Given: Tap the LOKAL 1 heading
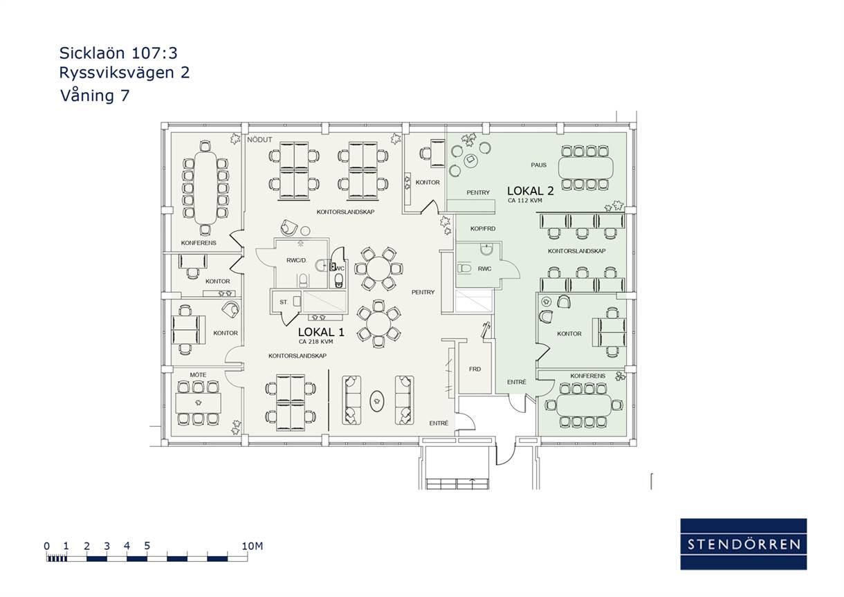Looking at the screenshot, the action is tap(321, 332).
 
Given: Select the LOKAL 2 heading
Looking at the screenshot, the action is tap(530, 191).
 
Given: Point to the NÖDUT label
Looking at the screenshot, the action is tap(259, 140).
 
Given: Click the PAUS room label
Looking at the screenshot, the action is tap(538, 165).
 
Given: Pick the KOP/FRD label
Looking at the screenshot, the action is tap(483, 228).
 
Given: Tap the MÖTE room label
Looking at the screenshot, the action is tap(198, 375).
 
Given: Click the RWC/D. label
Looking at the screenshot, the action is tap(297, 260).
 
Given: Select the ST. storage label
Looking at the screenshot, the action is tap(284, 302).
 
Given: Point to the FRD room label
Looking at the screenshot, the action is tap(475, 369).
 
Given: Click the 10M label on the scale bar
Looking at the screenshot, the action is tap(252, 546).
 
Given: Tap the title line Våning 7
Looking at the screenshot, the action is tap(95, 95).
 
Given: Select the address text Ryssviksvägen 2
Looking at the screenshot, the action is tap(125, 73).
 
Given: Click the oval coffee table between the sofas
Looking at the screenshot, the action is tap(377, 401).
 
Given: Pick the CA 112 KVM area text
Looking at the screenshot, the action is tap(525, 201).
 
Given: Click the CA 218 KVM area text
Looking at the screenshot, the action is tap(315, 342).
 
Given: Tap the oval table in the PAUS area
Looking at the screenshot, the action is tap(585, 167).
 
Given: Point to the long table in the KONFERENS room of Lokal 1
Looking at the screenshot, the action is tap(205, 188).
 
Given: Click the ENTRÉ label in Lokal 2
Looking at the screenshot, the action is tap(516, 382).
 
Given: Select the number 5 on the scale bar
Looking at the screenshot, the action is tap(147, 546).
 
